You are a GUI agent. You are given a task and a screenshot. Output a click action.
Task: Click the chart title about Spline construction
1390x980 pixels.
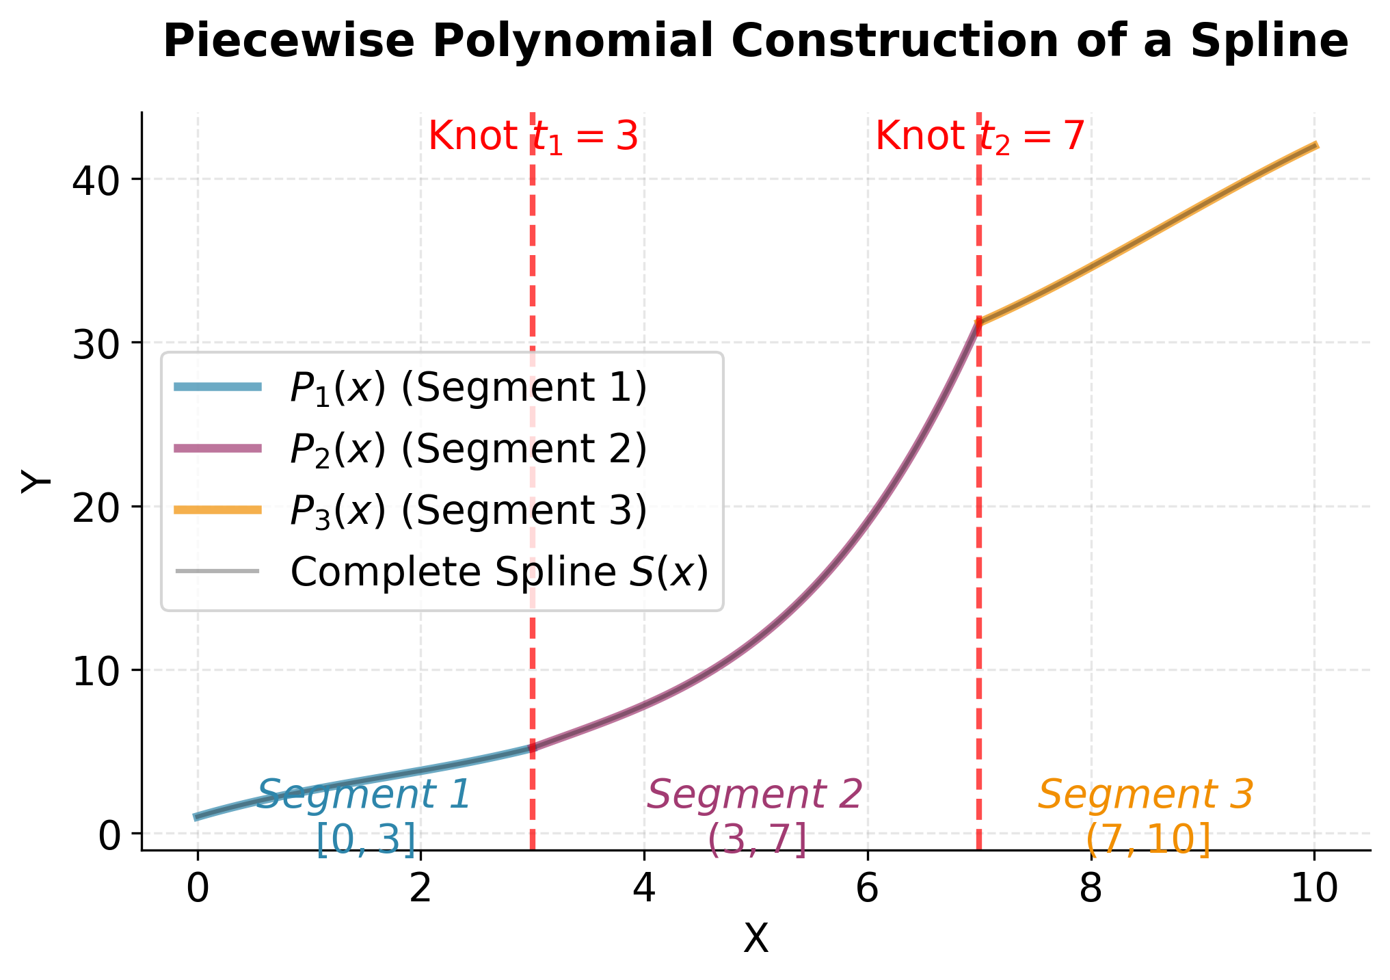click(756, 41)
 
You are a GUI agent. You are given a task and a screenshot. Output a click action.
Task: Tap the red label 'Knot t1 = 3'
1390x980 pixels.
click(533, 136)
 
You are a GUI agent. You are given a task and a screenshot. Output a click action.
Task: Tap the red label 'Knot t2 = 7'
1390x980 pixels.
click(980, 136)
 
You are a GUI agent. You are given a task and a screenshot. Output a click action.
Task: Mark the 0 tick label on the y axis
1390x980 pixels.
click(109, 835)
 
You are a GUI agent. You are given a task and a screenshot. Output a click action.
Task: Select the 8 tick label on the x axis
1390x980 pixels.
click(1091, 890)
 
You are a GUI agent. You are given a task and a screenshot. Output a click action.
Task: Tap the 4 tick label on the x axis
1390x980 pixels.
click(644, 890)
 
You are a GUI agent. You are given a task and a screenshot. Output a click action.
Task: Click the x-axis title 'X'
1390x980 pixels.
click(756, 939)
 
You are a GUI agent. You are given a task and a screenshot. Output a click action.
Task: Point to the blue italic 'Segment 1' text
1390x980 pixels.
click(364, 795)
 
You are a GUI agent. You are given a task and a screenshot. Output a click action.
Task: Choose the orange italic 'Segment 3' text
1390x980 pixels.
click(1146, 795)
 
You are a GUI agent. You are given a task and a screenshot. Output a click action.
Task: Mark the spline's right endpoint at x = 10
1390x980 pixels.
click(1315, 145)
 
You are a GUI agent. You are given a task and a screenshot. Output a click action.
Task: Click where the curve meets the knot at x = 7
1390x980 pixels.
click(979, 323)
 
